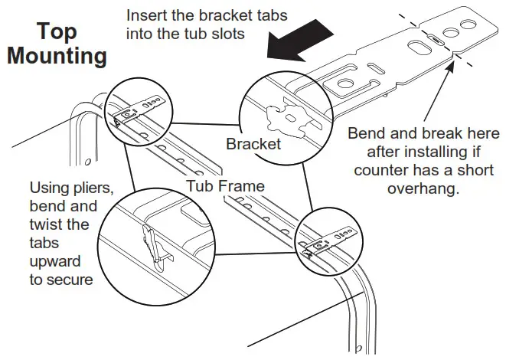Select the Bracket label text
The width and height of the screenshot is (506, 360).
pyautogui.click(x=253, y=143)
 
